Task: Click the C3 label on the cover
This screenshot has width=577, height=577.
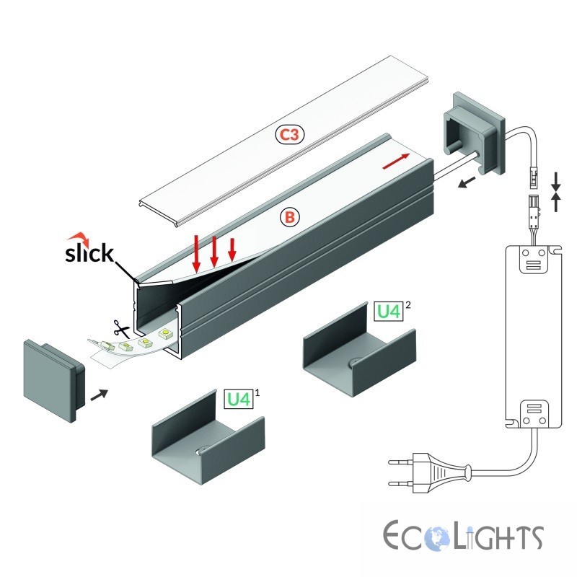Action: [291, 135]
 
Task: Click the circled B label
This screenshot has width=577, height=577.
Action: [290, 217]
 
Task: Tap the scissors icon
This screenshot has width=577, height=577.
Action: [122, 329]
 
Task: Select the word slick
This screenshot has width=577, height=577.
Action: [89, 253]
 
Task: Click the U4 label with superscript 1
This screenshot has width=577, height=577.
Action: [239, 399]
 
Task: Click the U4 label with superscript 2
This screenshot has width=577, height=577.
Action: [389, 312]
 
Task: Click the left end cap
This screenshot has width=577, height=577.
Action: [55, 380]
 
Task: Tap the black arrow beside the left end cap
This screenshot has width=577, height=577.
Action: [99, 395]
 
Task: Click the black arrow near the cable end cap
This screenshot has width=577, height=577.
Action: [466, 182]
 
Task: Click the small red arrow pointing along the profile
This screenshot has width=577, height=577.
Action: [396, 161]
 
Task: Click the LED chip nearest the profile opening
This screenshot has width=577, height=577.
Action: [165, 334]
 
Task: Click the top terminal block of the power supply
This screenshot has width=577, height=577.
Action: [534, 260]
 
